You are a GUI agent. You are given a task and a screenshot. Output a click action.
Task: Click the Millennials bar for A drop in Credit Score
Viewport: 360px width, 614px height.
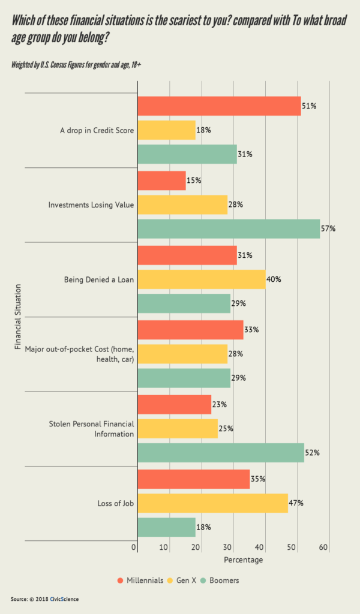(x=219, y=106)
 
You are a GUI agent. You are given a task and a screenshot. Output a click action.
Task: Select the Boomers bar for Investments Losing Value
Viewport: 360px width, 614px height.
(x=229, y=228)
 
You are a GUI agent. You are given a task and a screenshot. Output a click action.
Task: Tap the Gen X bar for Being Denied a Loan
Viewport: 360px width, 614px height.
(x=201, y=279)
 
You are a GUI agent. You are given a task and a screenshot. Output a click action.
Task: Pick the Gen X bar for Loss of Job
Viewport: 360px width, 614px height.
(x=212, y=503)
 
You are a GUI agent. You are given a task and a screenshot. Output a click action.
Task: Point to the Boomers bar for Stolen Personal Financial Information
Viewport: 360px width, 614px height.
(x=221, y=453)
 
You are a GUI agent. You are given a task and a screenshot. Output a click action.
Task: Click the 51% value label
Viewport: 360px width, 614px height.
(x=309, y=106)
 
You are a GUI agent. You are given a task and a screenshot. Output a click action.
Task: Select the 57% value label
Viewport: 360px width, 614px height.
(x=328, y=229)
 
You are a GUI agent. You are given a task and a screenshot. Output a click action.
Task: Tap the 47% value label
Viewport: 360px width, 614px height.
(x=296, y=503)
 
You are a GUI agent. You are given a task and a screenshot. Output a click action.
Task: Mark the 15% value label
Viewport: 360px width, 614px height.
(x=194, y=180)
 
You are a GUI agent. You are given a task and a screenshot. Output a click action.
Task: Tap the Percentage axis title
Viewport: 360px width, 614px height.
(x=243, y=560)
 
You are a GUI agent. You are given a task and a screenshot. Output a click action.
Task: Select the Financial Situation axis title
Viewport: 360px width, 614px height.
(x=17, y=317)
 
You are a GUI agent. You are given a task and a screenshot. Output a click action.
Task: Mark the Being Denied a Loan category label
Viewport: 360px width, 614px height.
(x=99, y=279)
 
